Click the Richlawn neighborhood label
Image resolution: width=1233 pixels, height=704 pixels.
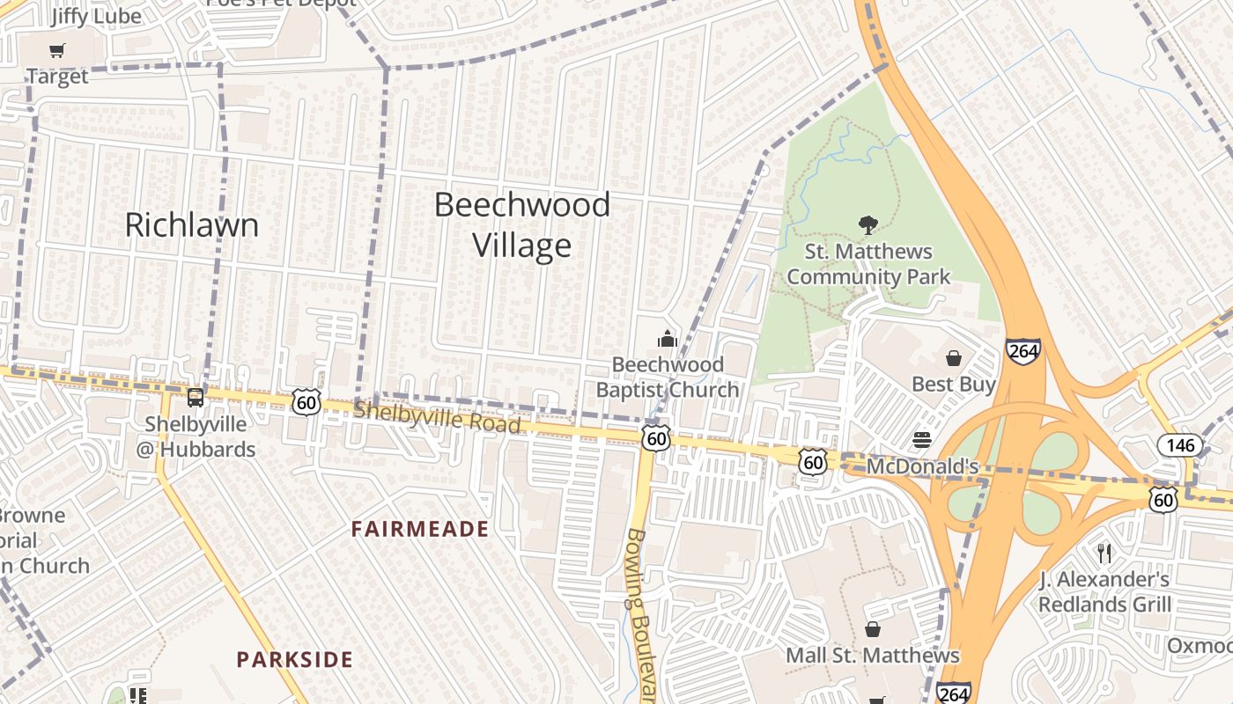[x=192, y=224]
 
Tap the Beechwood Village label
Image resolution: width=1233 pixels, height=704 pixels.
[x=522, y=224]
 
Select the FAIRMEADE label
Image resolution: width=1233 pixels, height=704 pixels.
[x=420, y=529]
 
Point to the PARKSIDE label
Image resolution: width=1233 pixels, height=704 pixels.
[x=295, y=659]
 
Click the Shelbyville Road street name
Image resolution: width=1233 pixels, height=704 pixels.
[x=437, y=416]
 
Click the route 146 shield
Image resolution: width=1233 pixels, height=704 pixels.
[x=1180, y=444]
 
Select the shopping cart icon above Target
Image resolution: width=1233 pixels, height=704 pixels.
[x=57, y=51]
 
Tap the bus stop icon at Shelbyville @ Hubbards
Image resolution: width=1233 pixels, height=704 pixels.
[x=196, y=398]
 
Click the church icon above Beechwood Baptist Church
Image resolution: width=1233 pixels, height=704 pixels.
[x=668, y=339]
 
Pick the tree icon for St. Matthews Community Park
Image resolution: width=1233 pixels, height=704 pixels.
[x=868, y=225]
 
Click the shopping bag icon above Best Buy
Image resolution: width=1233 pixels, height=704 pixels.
[x=953, y=358]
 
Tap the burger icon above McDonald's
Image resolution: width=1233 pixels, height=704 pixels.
[x=922, y=440]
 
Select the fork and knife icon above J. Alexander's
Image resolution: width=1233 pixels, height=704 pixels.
[x=1104, y=553]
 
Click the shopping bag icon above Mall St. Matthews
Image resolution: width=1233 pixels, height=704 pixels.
[x=872, y=629]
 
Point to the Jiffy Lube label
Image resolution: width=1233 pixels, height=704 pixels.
[x=96, y=16]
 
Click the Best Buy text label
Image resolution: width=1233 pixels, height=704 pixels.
[x=953, y=385]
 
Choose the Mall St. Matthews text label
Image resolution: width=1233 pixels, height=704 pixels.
[x=872, y=656]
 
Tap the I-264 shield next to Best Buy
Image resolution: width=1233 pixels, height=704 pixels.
[x=1023, y=350]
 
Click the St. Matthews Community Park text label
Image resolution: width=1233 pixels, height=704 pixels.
[x=868, y=264]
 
